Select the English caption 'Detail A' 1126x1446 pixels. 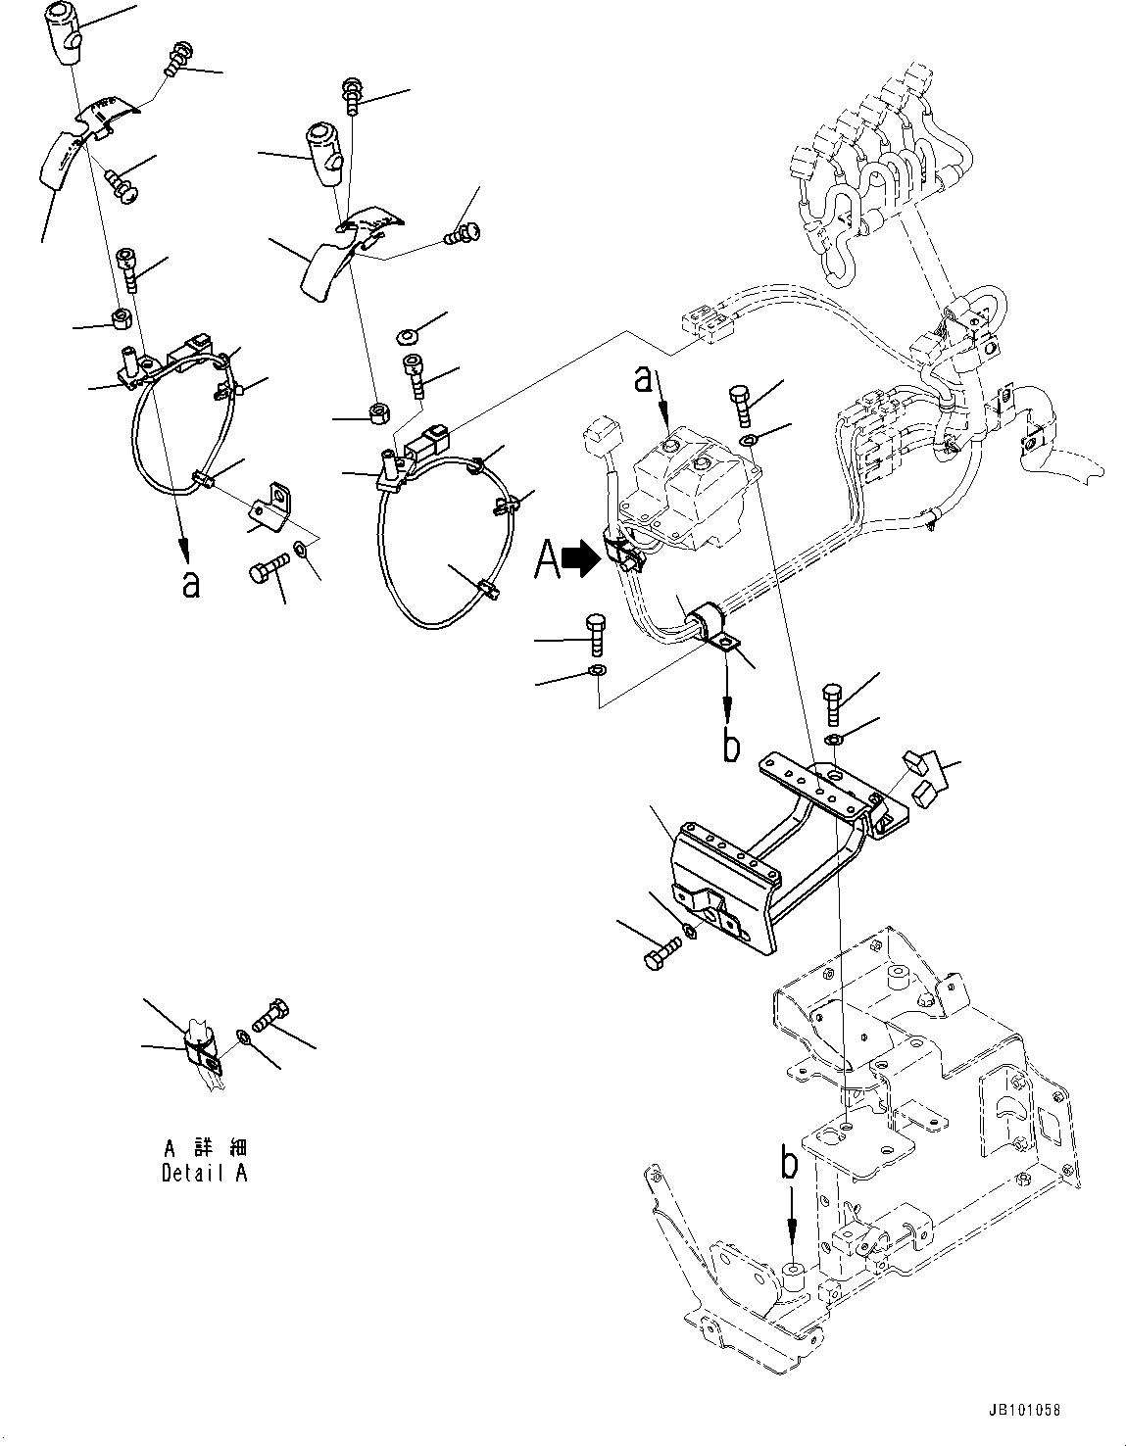click(x=204, y=1173)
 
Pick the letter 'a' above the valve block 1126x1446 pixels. click(x=643, y=378)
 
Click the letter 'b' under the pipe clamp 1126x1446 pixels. click(x=731, y=745)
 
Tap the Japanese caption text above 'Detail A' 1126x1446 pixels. click(x=204, y=1147)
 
